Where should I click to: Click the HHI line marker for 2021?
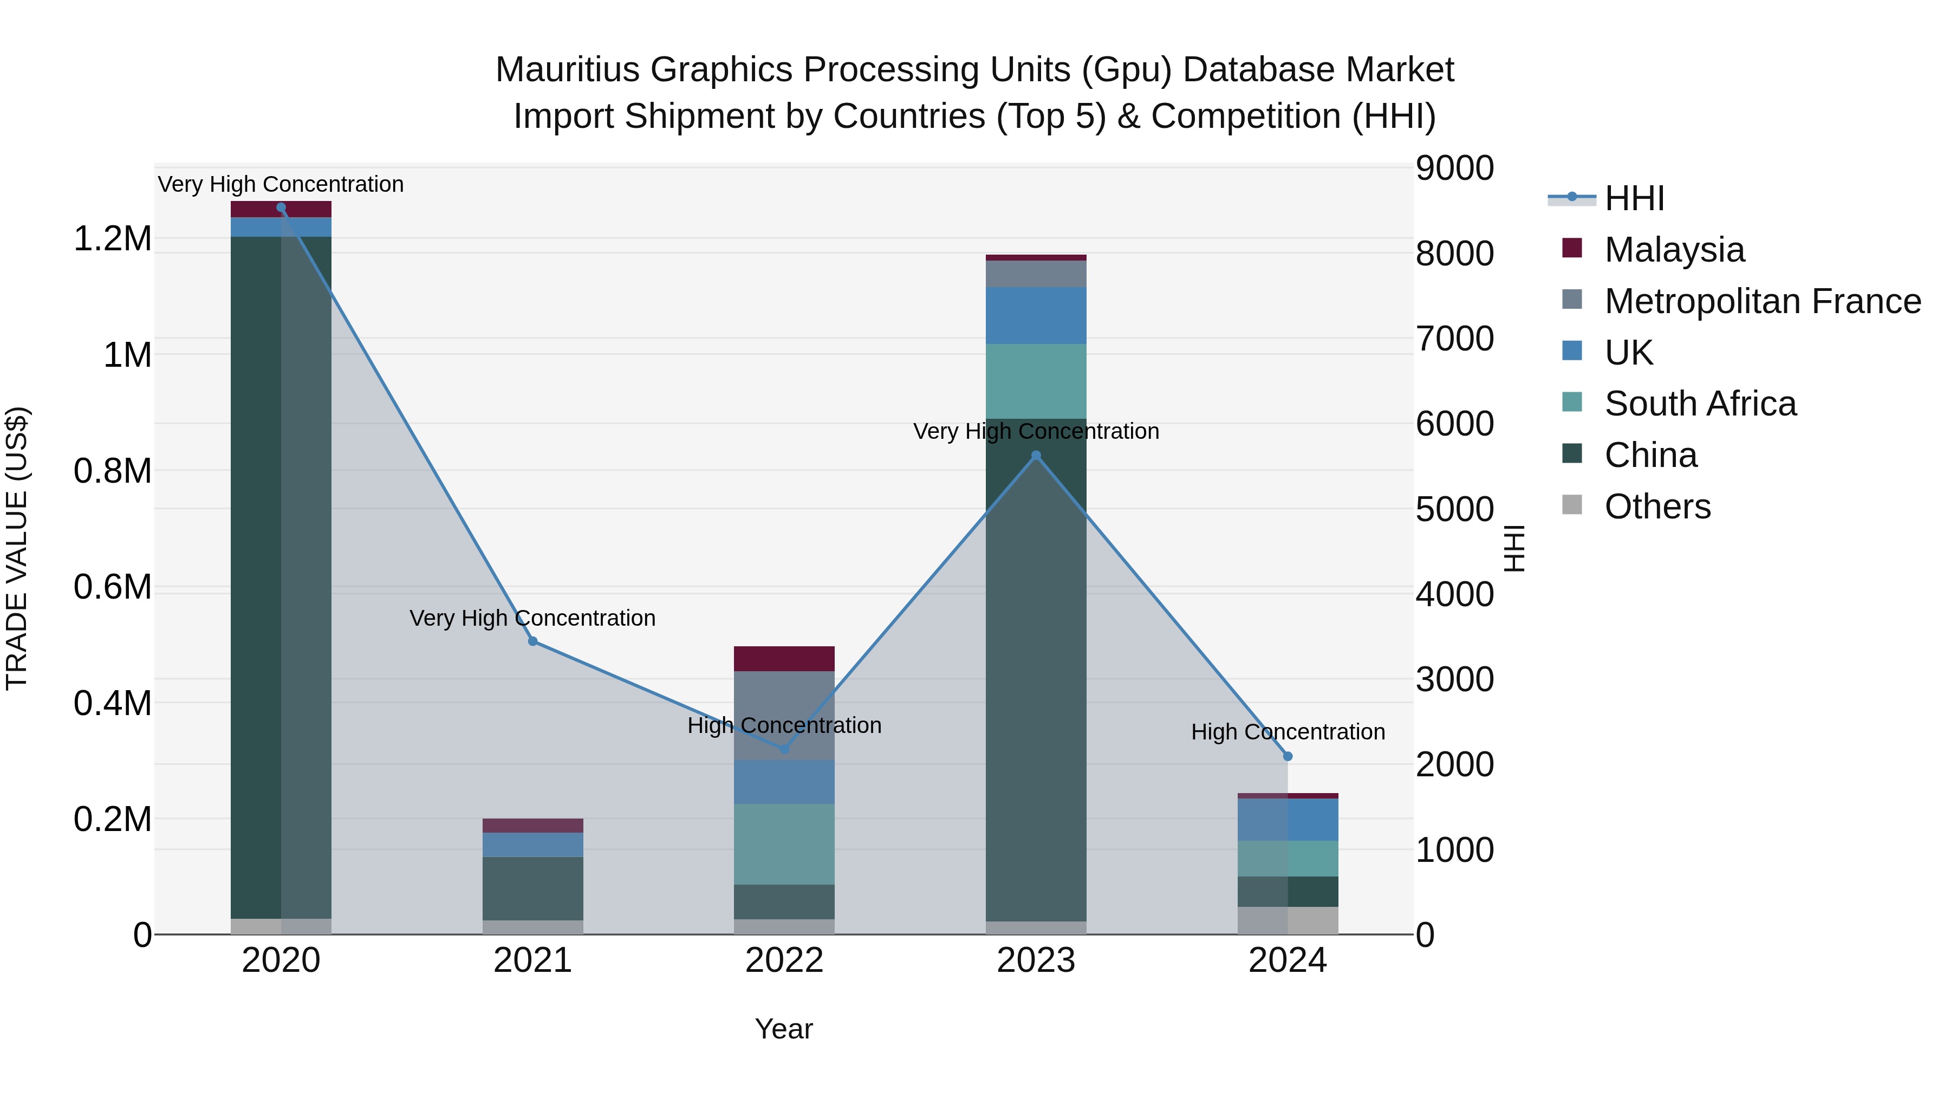click(533, 641)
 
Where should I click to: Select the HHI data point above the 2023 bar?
click(1036, 456)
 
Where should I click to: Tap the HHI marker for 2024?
click(1288, 756)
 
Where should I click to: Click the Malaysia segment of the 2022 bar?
click(784, 659)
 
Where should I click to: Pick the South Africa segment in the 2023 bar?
click(1036, 381)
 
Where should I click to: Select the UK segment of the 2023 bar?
click(1036, 316)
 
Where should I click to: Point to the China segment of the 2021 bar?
click(533, 888)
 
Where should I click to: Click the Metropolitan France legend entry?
click(1762, 301)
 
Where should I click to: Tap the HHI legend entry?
click(1634, 198)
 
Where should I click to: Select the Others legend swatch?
click(1572, 505)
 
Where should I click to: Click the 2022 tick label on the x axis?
click(784, 960)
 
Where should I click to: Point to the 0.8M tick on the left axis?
click(112, 471)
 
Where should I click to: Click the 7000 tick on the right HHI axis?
click(1454, 339)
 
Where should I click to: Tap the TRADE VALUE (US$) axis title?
click(17, 548)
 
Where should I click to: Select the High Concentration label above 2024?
click(1288, 732)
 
